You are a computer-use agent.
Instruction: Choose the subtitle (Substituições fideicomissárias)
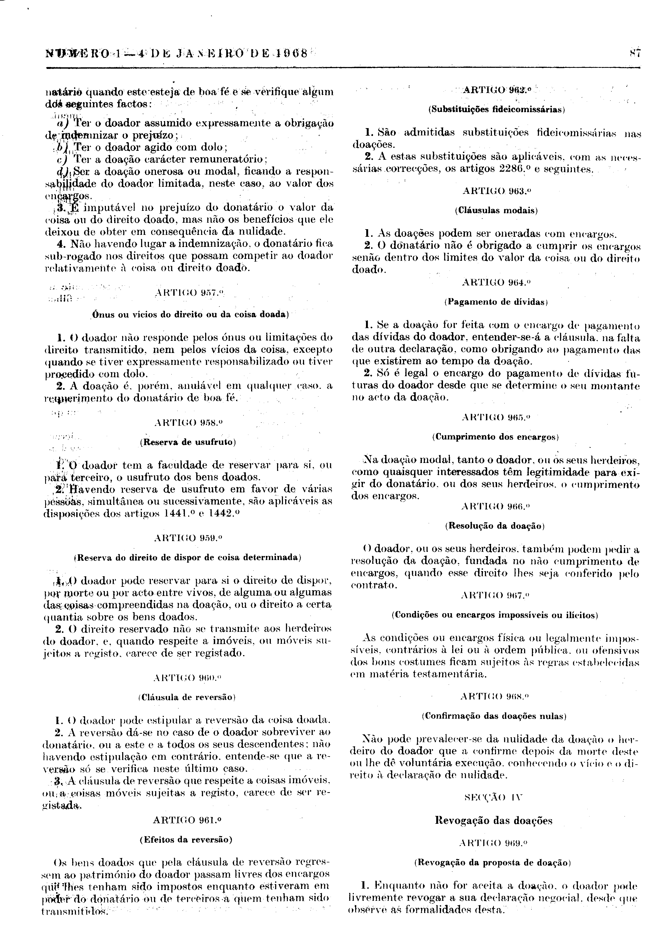tap(496, 109)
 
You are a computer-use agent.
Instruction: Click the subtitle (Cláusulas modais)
tap(496, 210)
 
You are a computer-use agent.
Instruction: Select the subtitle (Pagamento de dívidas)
tap(496, 302)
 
